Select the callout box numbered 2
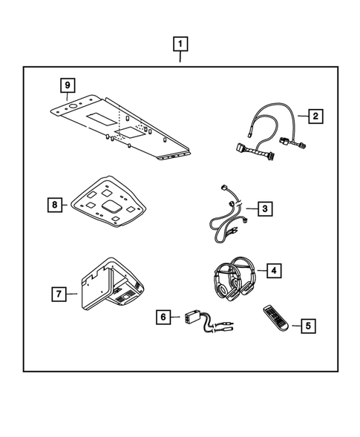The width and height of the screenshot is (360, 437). pyautogui.click(x=315, y=116)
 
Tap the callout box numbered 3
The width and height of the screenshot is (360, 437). pyautogui.click(x=265, y=210)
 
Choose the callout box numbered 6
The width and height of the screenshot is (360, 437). pyautogui.click(x=162, y=317)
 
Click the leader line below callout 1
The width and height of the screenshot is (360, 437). pyautogui.click(x=180, y=58)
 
